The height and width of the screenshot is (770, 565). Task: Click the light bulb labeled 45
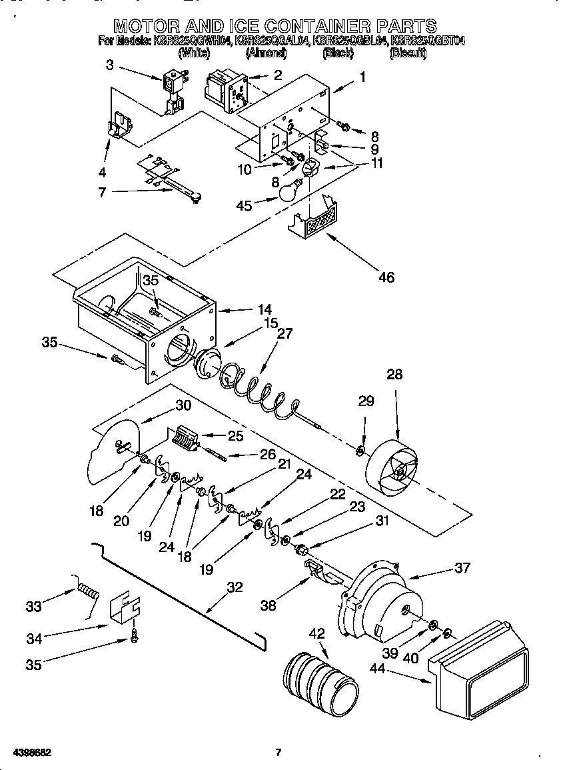(287, 191)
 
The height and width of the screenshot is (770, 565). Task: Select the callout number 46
(386, 277)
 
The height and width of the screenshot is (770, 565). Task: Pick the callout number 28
(394, 375)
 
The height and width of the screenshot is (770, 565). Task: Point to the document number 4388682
(31, 753)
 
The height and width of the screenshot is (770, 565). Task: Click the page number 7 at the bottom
(279, 753)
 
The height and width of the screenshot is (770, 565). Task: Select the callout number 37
(462, 568)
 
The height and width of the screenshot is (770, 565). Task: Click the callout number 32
(235, 587)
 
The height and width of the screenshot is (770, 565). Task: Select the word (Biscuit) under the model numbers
(408, 53)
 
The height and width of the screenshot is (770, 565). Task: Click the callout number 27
(284, 335)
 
